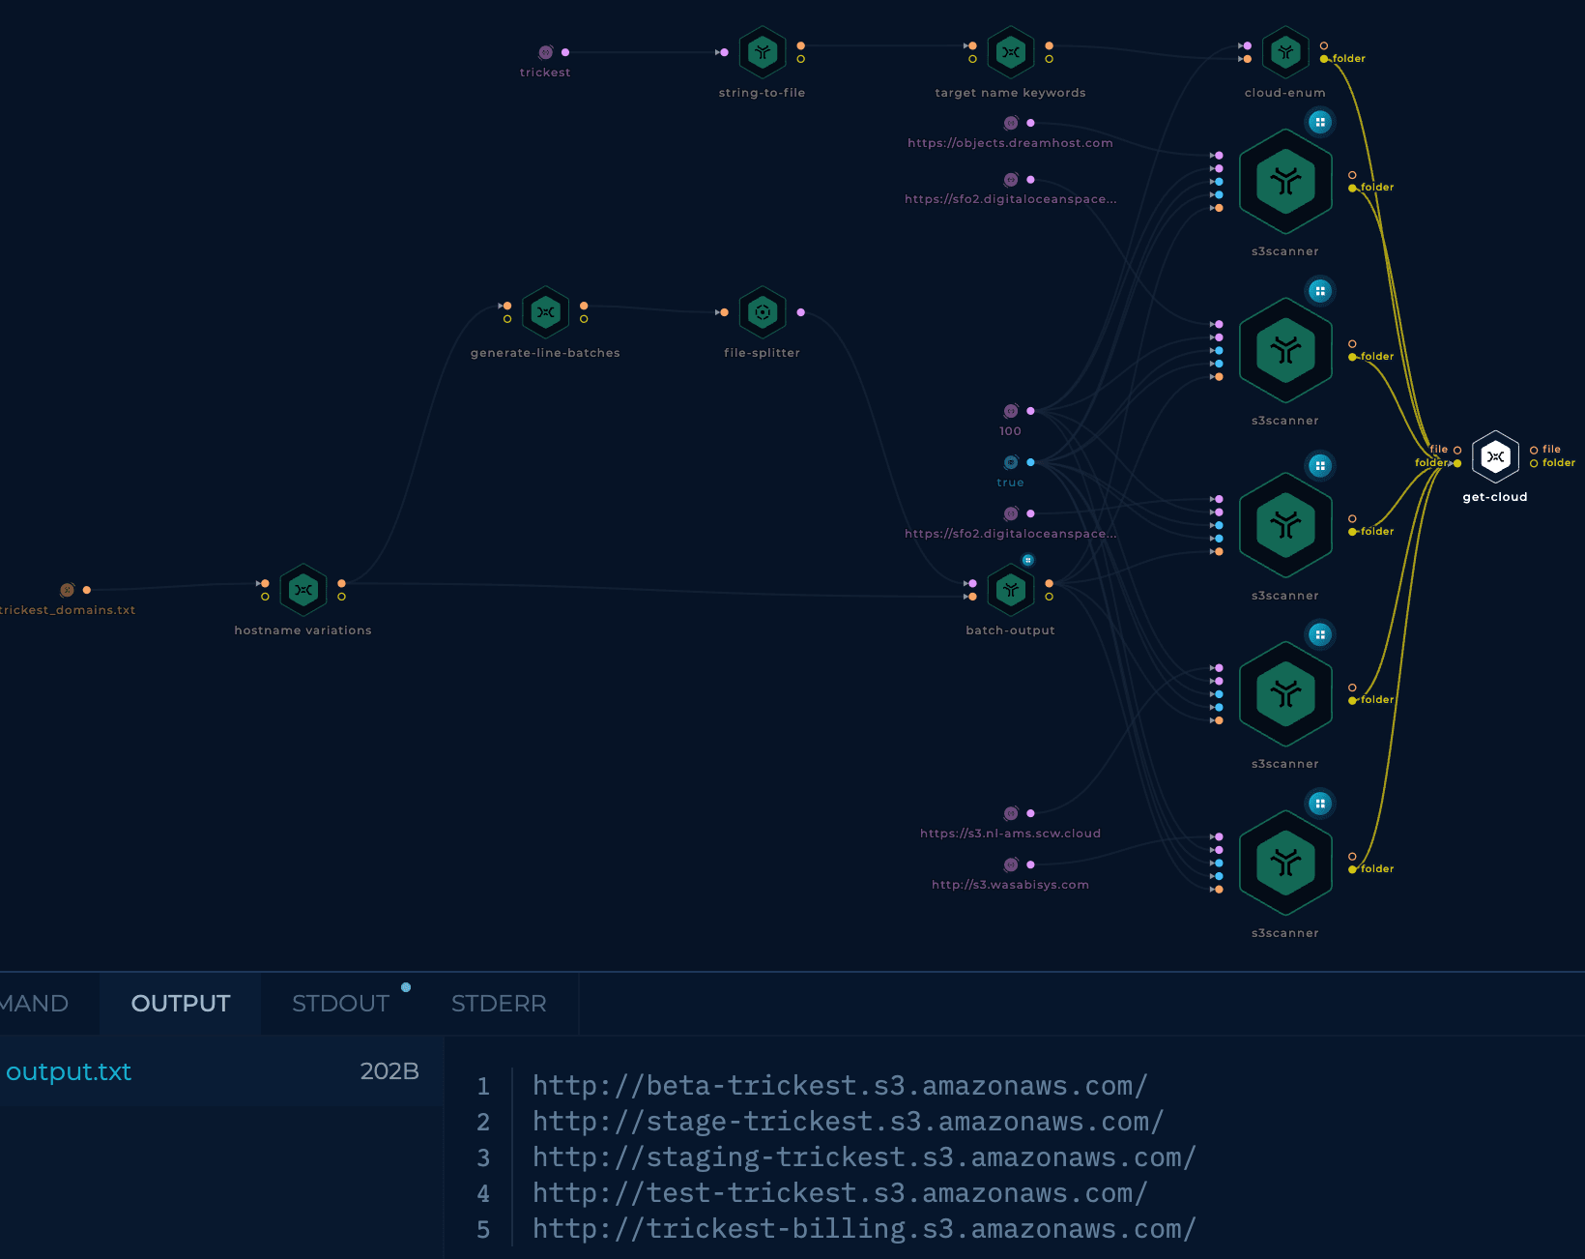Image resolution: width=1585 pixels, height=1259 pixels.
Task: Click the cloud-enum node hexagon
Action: (x=1285, y=52)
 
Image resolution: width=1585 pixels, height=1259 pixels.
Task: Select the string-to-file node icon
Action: (x=763, y=52)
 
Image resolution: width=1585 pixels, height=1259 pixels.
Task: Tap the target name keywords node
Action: (x=1011, y=52)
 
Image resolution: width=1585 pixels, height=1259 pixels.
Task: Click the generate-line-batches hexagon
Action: (x=546, y=312)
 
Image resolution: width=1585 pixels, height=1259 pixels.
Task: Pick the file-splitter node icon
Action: (x=763, y=312)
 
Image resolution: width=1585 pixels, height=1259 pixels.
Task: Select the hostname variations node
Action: (x=303, y=590)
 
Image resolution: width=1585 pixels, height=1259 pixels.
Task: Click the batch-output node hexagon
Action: (x=1011, y=590)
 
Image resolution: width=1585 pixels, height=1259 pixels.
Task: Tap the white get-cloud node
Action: (x=1495, y=457)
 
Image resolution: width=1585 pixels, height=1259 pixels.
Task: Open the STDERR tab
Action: (x=499, y=1003)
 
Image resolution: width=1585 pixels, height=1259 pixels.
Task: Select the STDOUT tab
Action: (x=340, y=1003)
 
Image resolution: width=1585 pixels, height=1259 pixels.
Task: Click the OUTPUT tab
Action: (x=181, y=1003)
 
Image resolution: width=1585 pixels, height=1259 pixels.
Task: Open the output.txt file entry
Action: (x=69, y=1071)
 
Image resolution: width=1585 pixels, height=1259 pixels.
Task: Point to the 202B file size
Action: (x=389, y=1071)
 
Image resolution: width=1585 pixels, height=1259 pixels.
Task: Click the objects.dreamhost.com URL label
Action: (x=1010, y=143)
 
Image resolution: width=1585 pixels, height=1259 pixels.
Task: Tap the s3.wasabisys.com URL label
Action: (x=1010, y=885)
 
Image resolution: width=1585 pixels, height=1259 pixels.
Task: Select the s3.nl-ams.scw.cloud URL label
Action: (x=1010, y=833)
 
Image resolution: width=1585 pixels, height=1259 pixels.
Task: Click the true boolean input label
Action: (x=1010, y=483)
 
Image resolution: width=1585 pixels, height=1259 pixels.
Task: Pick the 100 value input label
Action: (x=1010, y=431)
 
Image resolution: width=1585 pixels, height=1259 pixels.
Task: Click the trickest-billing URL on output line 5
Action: (x=864, y=1229)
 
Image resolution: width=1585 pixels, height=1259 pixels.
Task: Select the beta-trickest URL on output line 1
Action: (x=840, y=1086)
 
